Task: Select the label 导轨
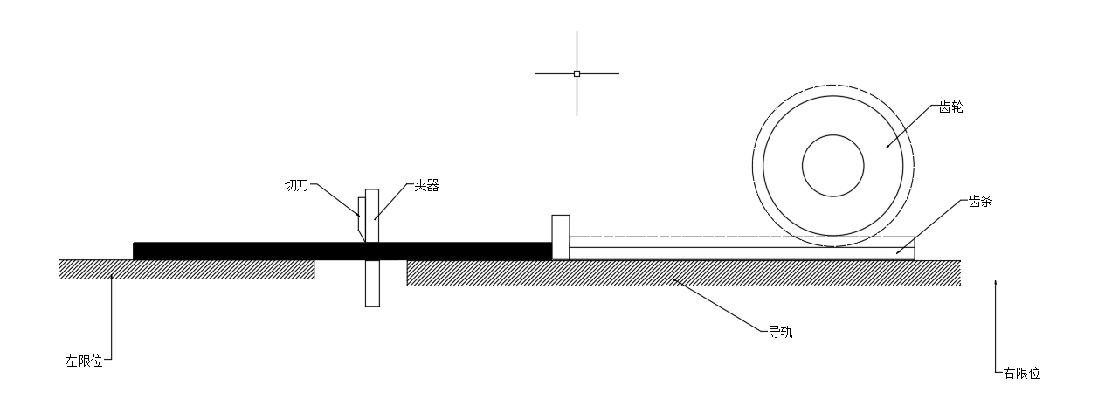tap(780, 332)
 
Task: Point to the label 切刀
tap(297, 185)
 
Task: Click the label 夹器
tap(426, 186)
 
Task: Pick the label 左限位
tap(84, 361)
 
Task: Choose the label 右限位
tap(1022, 373)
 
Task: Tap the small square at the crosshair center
tap(577, 73)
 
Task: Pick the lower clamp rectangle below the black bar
tap(372, 283)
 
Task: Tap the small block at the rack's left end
tap(560, 236)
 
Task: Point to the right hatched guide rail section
tap(681, 272)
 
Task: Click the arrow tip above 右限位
tap(996, 281)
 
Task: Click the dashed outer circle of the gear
tap(753, 166)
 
